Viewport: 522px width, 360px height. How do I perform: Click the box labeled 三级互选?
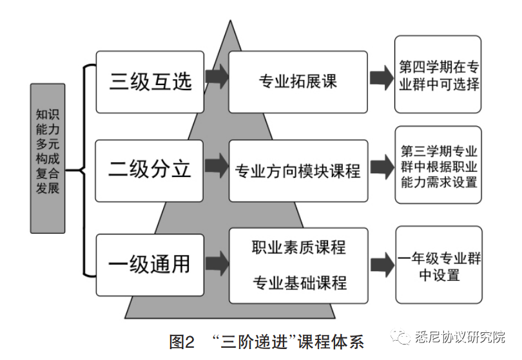pos(150,82)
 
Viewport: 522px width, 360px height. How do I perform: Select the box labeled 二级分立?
pos(150,170)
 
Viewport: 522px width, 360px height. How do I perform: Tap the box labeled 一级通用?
pos(150,263)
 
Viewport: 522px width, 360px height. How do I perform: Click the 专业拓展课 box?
pos(298,82)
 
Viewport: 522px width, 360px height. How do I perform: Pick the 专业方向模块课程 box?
pos(298,171)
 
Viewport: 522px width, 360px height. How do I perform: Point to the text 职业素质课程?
pos(298,247)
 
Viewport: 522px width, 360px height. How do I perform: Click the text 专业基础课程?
pos(298,282)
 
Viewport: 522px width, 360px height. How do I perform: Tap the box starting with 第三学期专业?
pos(438,166)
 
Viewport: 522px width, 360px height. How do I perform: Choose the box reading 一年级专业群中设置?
pos(439,266)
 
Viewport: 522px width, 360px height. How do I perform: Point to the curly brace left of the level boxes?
pos(82,171)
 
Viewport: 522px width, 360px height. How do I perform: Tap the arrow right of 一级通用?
pos(217,263)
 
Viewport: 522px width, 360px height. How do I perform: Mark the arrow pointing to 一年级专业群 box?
pos(382,263)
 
